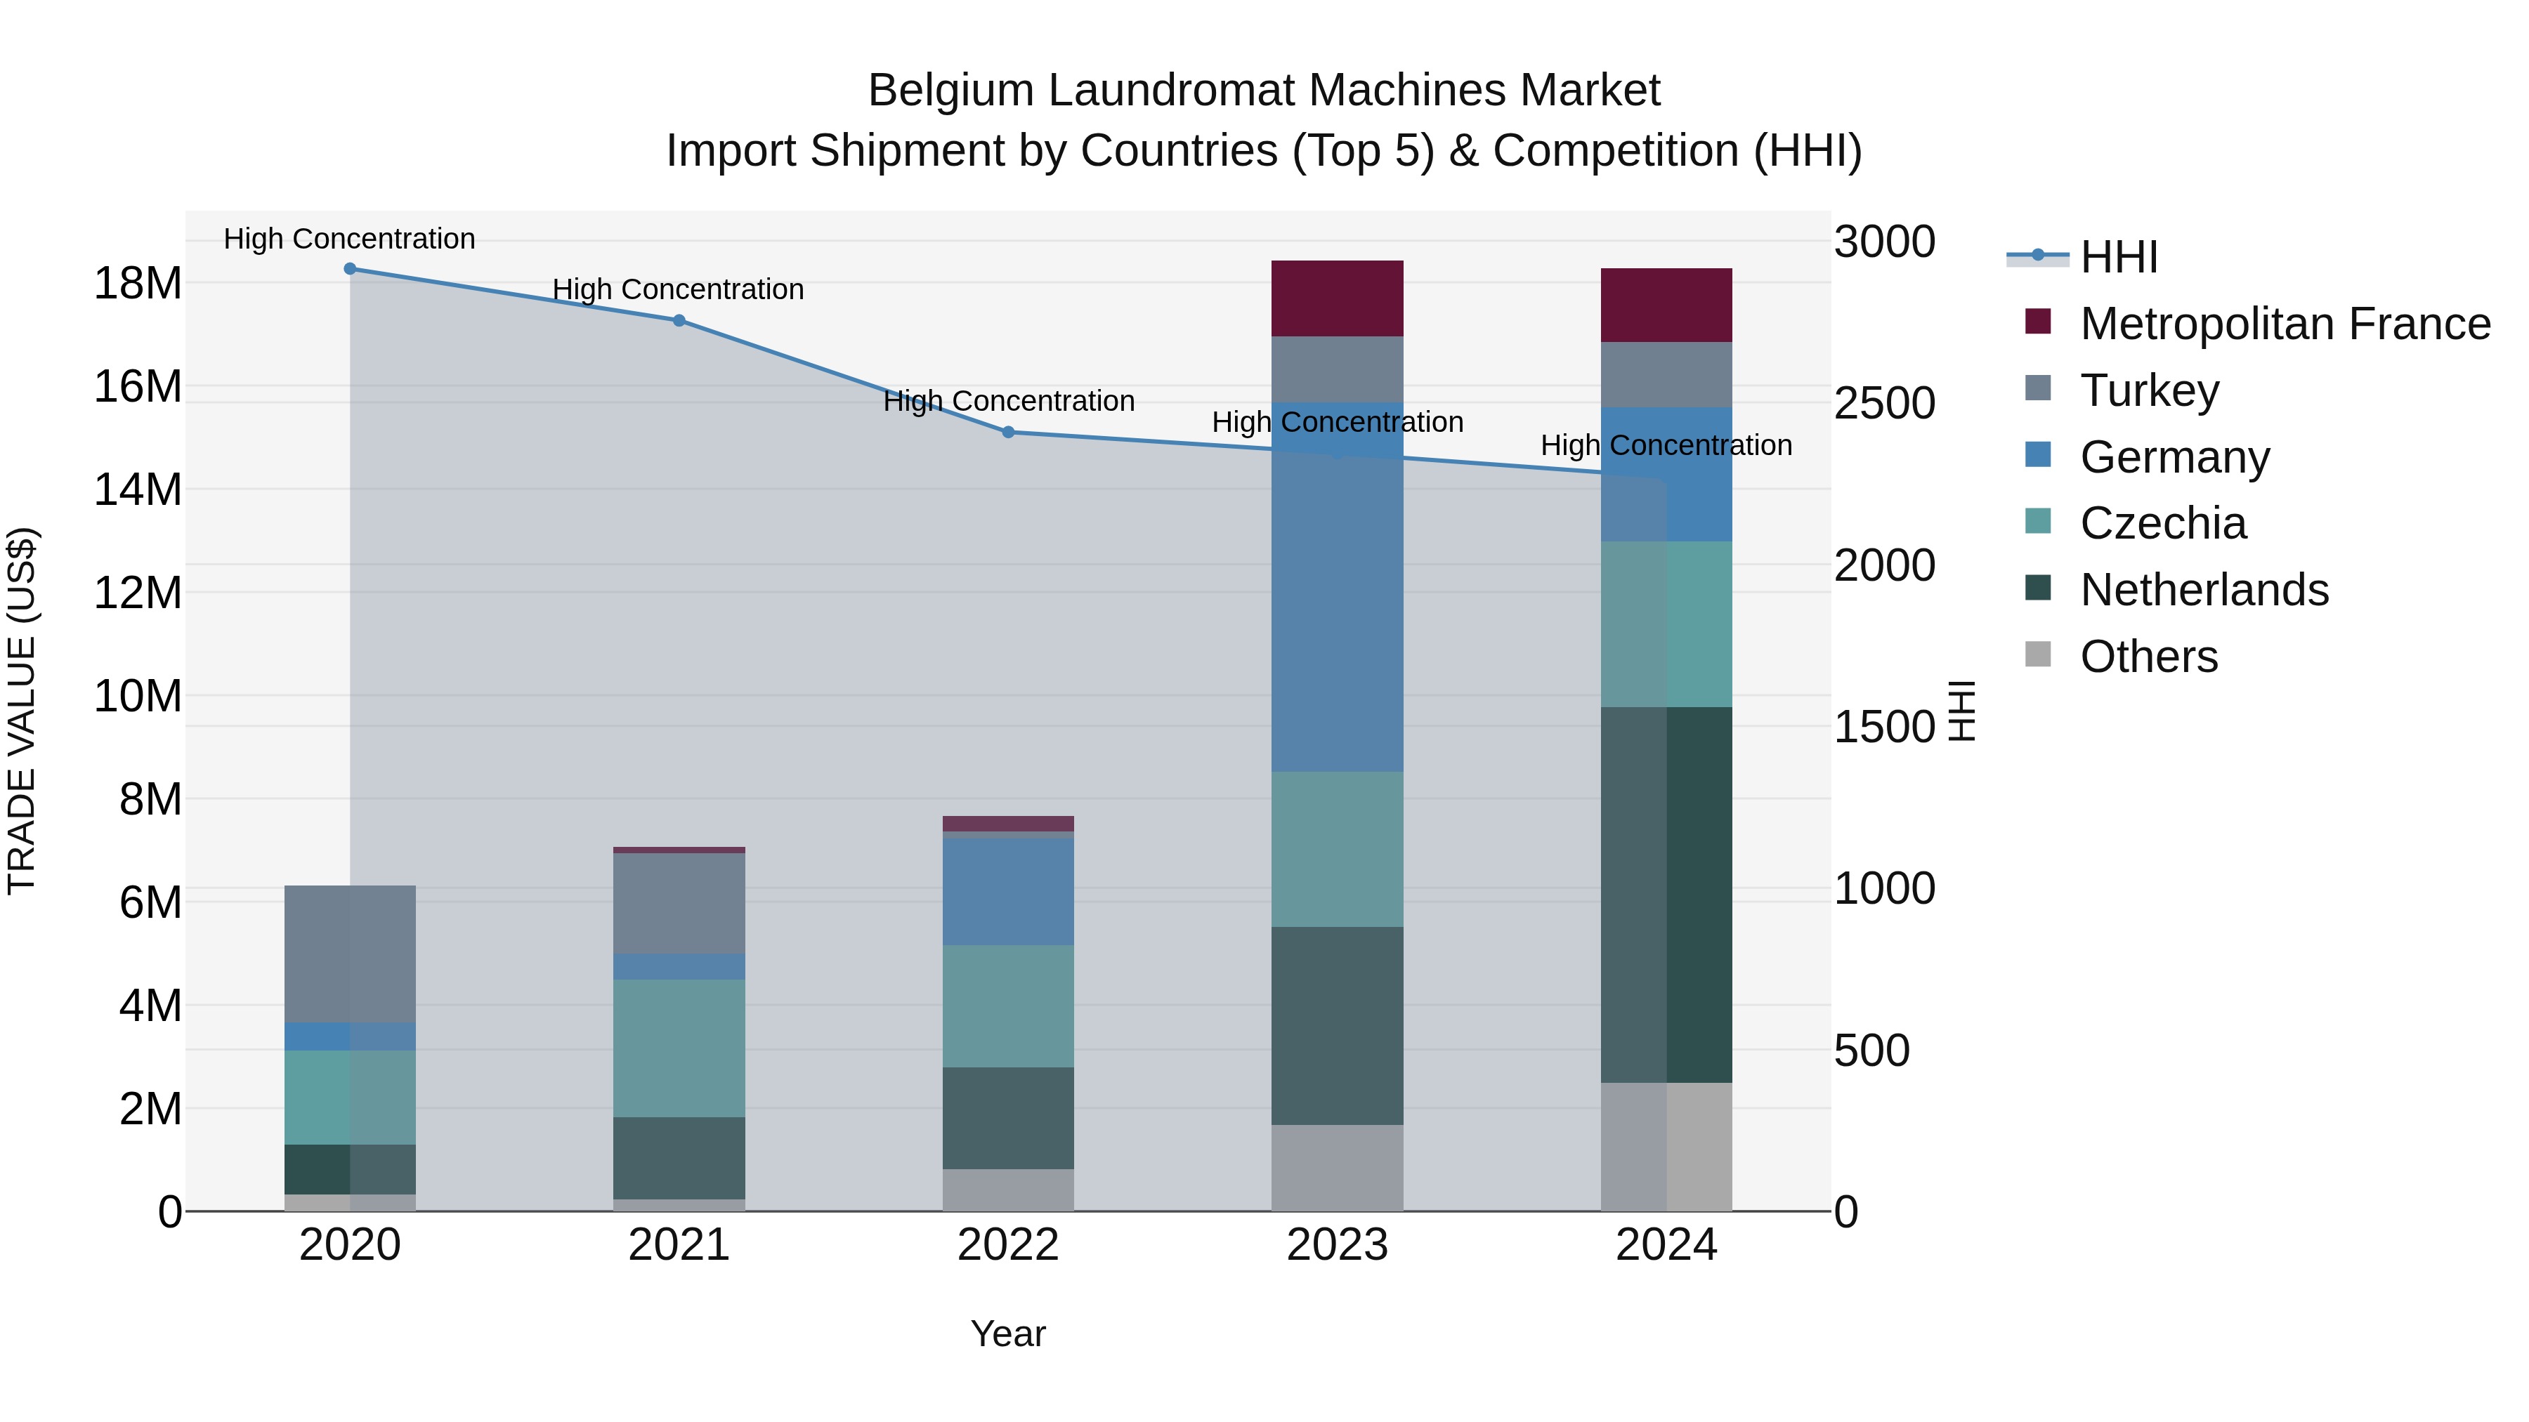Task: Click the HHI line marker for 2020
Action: click(350, 269)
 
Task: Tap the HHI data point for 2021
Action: click(679, 321)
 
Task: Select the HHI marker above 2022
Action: click(1008, 432)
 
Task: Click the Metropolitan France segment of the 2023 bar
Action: click(1337, 298)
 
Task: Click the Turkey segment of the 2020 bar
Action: click(350, 954)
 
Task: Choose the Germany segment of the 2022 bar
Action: click(1008, 890)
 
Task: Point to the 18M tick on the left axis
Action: click(138, 284)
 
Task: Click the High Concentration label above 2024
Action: click(1666, 445)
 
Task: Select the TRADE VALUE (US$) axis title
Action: click(22, 711)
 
